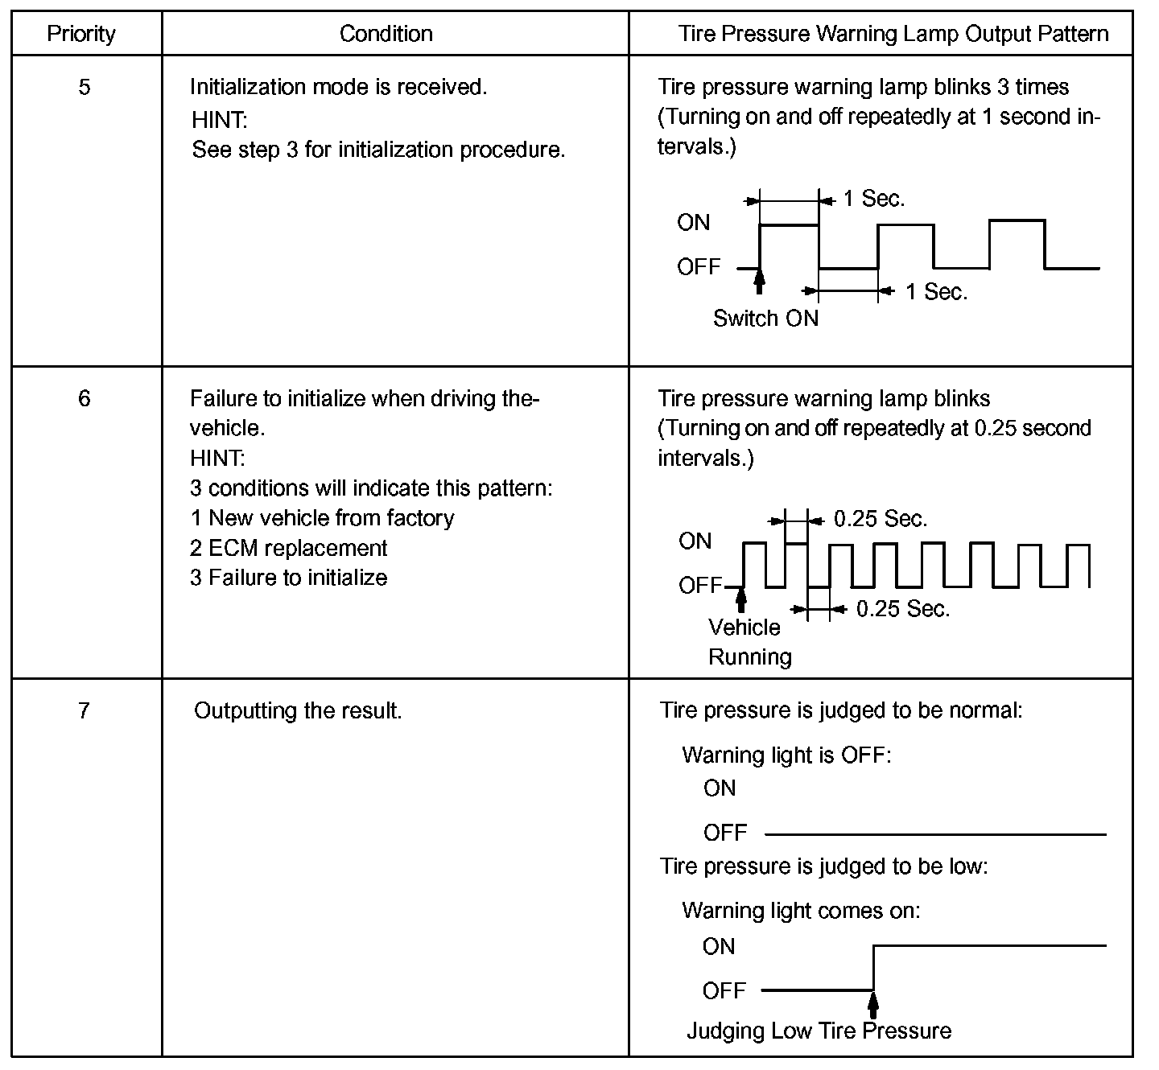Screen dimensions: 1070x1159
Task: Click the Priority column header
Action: tap(81, 34)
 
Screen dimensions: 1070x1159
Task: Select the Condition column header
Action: tap(386, 34)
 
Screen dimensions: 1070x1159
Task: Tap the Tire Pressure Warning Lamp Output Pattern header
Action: tap(893, 34)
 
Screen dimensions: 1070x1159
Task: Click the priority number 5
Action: tap(85, 87)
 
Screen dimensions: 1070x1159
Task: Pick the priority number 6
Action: tap(85, 399)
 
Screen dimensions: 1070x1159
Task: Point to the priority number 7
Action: tap(85, 711)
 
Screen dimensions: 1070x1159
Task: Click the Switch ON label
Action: tap(765, 319)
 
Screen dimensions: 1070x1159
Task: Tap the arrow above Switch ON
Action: tap(759, 282)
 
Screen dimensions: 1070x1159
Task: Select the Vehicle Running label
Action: tap(749, 642)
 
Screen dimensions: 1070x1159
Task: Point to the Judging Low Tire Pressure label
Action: tap(819, 1031)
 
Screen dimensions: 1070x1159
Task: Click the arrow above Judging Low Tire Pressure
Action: tap(873, 1004)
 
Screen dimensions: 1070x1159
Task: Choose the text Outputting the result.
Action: tap(298, 711)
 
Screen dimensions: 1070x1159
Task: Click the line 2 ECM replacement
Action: tap(288, 549)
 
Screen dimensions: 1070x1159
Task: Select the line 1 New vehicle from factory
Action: tap(322, 518)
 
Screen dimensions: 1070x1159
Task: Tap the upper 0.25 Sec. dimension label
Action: tap(881, 520)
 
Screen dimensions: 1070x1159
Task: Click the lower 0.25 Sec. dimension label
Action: tap(903, 610)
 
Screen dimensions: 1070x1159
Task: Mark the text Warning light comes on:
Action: tap(801, 911)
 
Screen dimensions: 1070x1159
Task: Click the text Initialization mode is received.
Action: tap(338, 87)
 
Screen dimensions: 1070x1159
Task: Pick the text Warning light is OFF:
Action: tap(786, 755)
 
